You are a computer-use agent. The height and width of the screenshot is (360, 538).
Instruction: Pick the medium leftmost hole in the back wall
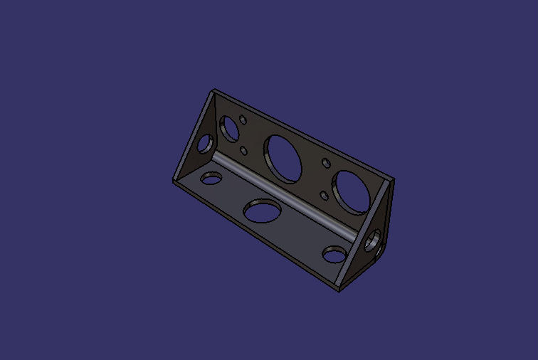(x=230, y=129)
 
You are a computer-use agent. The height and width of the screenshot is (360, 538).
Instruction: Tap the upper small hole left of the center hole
(x=243, y=120)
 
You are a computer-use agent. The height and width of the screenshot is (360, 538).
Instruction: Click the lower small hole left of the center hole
(x=244, y=150)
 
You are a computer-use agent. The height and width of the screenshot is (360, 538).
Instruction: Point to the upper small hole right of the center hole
(x=327, y=163)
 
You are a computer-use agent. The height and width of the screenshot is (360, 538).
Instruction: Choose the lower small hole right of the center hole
(x=325, y=195)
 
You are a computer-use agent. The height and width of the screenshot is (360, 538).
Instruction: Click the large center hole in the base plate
(x=262, y=211)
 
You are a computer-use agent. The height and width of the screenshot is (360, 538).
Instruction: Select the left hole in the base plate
(x=211, y=178)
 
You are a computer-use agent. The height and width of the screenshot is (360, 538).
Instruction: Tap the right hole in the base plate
(x=333, y=254)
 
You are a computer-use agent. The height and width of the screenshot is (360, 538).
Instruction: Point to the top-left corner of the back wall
(x=214, y=90)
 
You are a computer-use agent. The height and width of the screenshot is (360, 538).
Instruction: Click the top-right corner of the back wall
(x=394, y=180)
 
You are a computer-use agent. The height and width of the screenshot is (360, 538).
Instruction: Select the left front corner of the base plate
(x=174, y=181)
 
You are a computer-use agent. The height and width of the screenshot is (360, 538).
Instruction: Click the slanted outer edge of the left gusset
(x=192, y=135)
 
